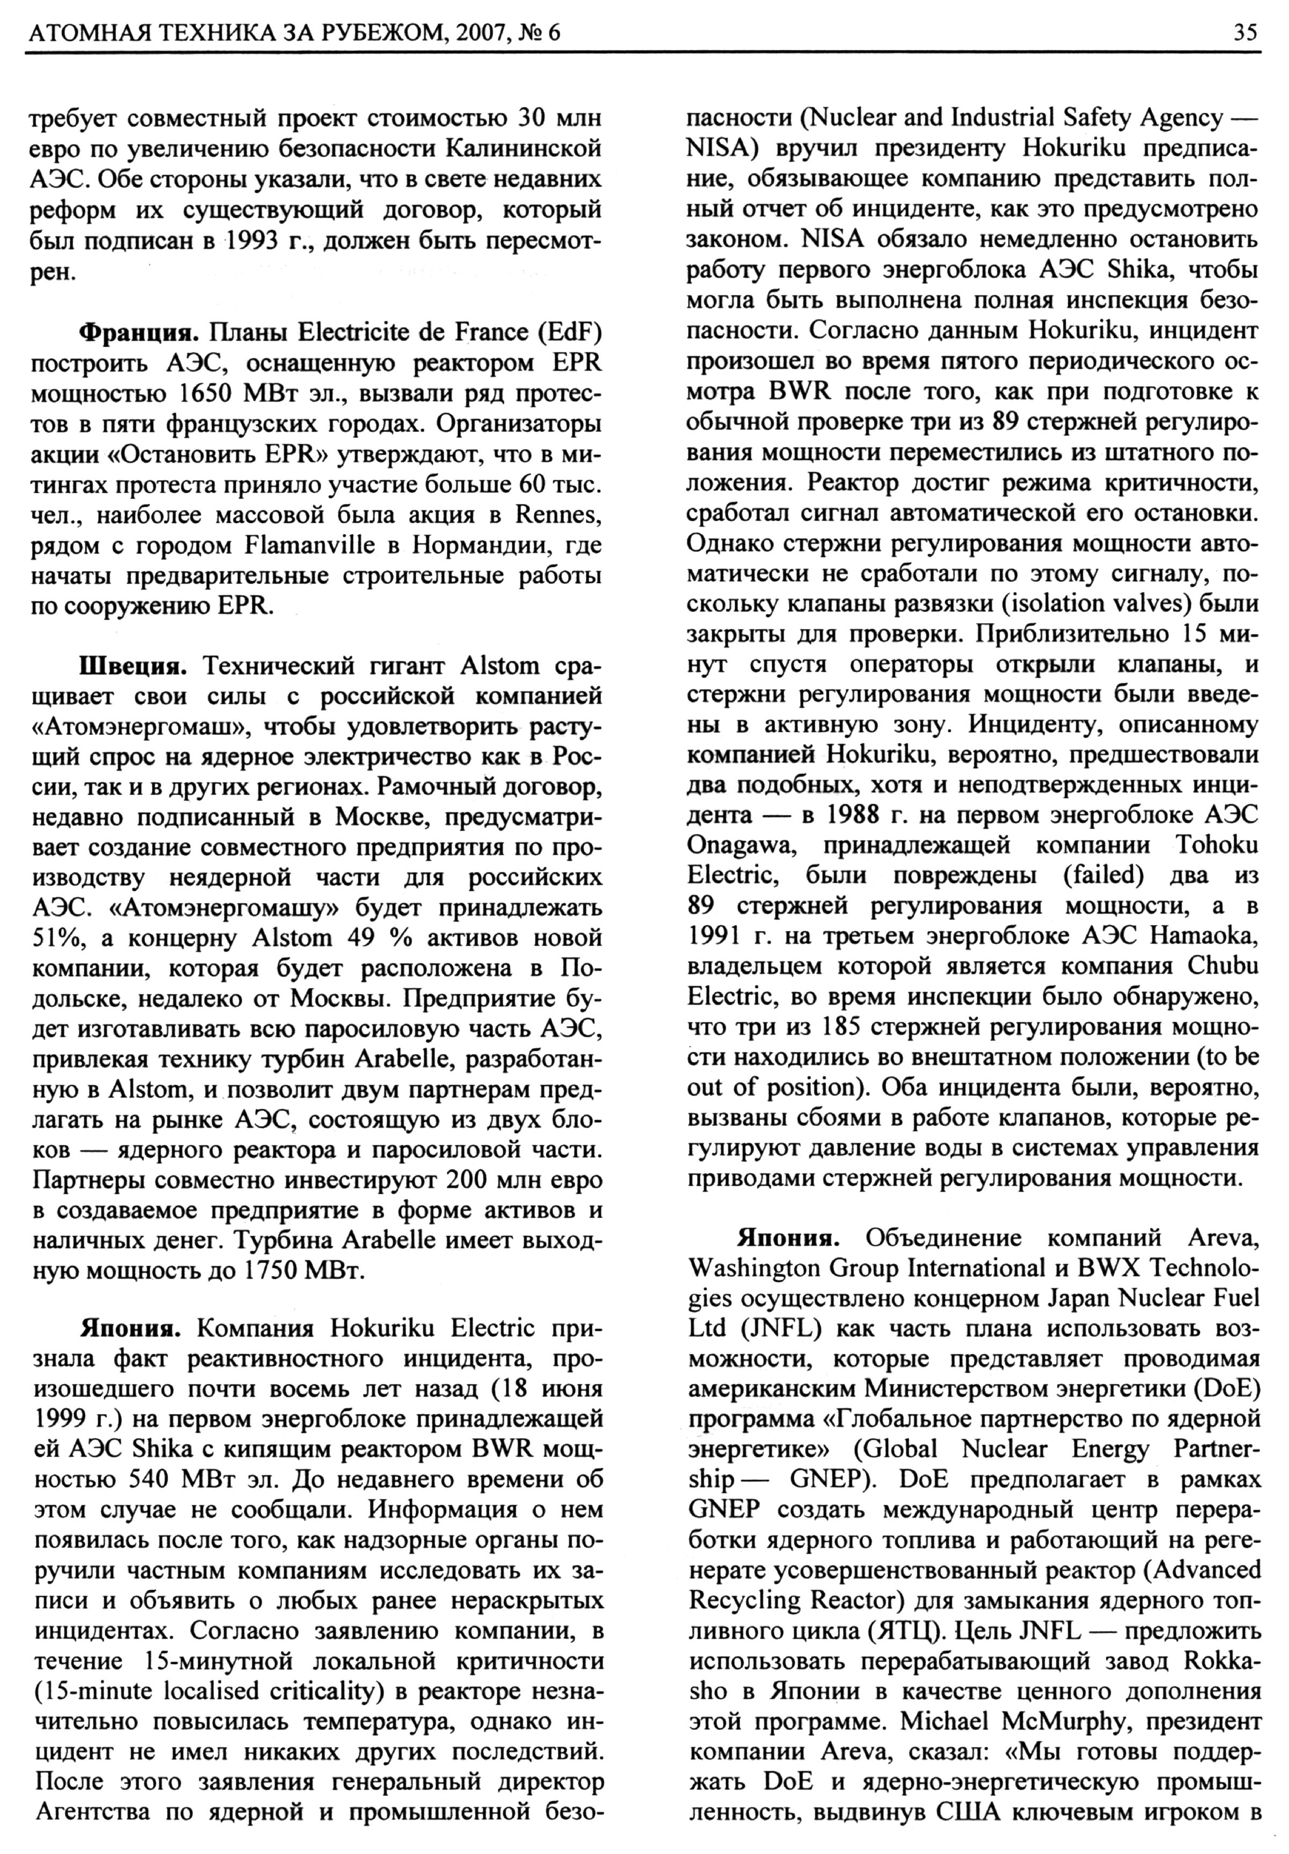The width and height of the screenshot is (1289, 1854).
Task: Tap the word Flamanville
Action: click(309, 547)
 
